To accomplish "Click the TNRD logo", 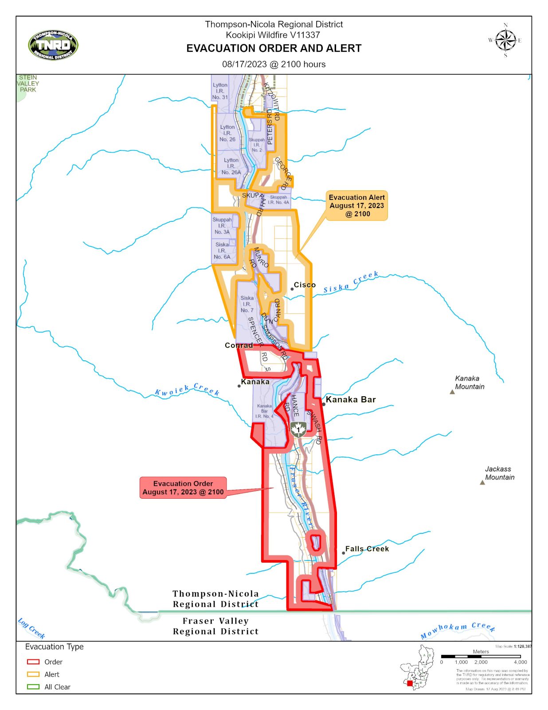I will (53, 45).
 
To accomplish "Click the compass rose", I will (505, 40).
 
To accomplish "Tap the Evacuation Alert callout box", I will (356, 205).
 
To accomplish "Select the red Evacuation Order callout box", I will (183, 488).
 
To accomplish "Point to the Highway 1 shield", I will (298, 429).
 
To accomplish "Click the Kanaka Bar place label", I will (351, 399).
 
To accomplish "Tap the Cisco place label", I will (305, 285).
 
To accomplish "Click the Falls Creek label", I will (367, 549).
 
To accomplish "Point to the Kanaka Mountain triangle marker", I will (452, 392).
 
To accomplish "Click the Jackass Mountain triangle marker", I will (482, 482).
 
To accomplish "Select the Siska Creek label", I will (351, 283).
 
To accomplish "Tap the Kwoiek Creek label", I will (187, 390).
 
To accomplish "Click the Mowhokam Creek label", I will (457, 630).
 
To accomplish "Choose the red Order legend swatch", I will (33, 662).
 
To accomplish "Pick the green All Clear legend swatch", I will (33, 686).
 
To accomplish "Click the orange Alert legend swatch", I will (33, 674).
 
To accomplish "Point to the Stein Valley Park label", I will (28, 83).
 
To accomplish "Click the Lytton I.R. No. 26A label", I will (231, 166).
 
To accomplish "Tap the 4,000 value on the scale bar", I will (520, 662).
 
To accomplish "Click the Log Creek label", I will (31, 628).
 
